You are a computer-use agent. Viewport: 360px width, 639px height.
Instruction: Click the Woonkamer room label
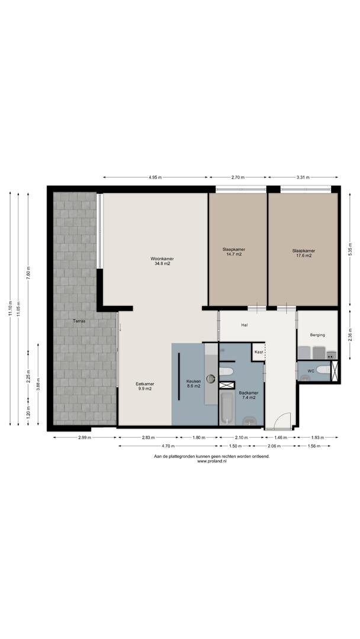click(160, 259)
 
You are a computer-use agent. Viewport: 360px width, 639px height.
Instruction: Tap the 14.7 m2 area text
click(234, 254)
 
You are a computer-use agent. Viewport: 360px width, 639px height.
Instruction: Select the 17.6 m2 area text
click(303, 256)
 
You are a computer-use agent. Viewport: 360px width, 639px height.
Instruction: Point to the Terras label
click(79, 321)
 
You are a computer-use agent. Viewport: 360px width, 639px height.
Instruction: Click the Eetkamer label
click(144, 383)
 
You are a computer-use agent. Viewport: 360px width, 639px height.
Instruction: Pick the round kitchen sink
click(210, 379)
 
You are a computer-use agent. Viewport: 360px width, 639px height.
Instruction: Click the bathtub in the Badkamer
click(227, 408)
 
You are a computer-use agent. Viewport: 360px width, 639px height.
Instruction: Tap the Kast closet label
click(259, 351)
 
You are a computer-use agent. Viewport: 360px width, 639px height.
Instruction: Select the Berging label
click(317, 335)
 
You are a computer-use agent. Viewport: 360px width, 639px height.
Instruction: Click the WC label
click(311, 371)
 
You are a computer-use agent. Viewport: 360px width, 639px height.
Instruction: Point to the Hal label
click(245, 325)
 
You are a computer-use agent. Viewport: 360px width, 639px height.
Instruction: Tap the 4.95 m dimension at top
click(155, 177)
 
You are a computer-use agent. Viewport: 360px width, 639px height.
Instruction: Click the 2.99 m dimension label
click(85, 437)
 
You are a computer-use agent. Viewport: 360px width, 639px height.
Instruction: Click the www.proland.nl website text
click(211, 461)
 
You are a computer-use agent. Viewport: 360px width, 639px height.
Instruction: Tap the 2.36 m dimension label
click(350, 334)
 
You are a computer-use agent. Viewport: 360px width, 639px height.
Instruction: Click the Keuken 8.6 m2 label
click(194, 383)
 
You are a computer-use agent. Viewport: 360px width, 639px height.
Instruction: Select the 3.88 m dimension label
click(38, 384)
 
